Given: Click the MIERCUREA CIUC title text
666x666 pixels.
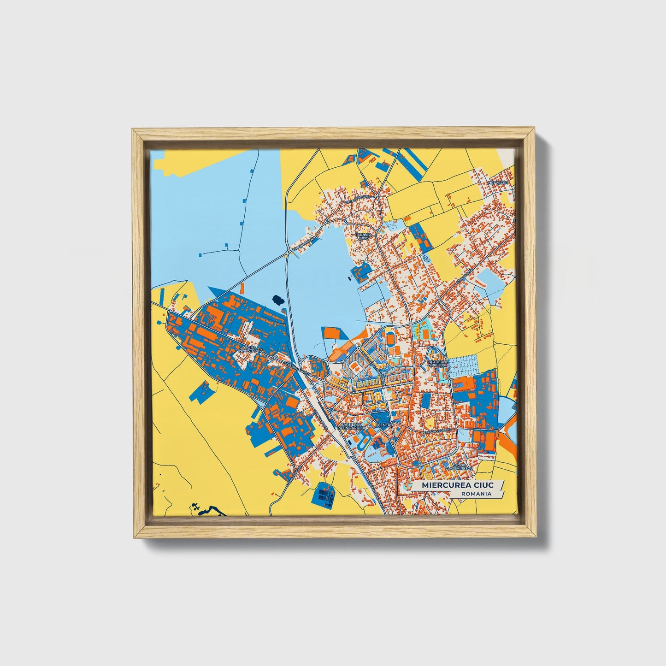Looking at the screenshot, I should (x=454, y=485).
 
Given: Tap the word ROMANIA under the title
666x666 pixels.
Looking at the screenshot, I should (x=477, y=494).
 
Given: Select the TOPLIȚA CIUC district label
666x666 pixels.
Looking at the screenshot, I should (x=362, y=236).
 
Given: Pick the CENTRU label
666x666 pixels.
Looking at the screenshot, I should (x=384, y=425).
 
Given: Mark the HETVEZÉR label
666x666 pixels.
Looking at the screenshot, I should (x=501, y=183).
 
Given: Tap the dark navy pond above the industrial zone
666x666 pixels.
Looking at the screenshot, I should (x=278, y=300).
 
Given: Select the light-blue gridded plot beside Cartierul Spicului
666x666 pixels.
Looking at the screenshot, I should (x=466, y=367).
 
